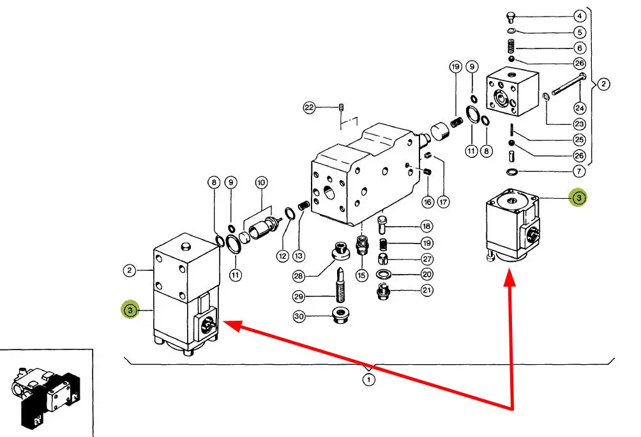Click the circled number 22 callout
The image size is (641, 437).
coord(310,108)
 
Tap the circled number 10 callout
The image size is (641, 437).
coord(260,183)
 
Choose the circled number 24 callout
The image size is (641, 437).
coord(580,107)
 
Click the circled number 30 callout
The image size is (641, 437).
coord(299,316)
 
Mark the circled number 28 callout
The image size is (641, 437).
coord(299,275)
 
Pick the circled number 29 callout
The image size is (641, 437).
coord(299,296)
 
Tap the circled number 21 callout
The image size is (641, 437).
coord(427,291)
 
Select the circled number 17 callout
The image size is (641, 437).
coord(444,202)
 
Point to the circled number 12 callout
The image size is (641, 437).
coord(282,256)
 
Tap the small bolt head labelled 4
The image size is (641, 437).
coord(510,17)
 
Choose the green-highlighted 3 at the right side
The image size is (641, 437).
coord(578,198)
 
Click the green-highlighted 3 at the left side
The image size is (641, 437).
coord(130,310)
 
